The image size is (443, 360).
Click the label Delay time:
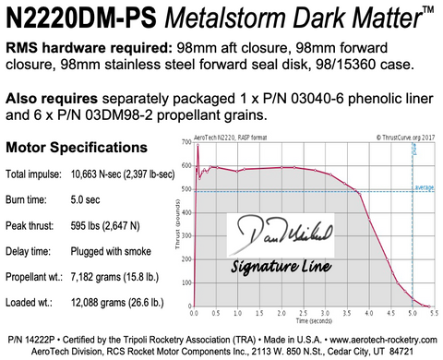pos(29,250)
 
